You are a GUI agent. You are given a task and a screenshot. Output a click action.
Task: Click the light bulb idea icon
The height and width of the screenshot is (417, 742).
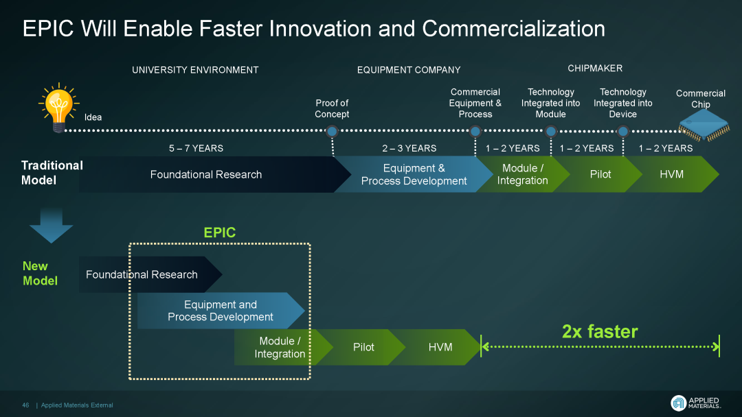pos(58,108)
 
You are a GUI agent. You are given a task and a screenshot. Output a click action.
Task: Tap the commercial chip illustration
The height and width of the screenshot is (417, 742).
pos(704,126)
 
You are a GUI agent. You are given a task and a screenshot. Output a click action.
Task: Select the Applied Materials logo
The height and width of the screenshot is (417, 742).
pos(695,403)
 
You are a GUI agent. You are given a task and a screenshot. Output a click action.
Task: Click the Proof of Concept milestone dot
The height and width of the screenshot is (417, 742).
pos(333,131)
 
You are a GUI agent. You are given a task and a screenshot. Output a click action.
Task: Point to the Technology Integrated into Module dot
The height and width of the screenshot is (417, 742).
pos(551,131)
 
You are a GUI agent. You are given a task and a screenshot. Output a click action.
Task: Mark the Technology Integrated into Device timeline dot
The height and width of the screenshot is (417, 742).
pos(623,131)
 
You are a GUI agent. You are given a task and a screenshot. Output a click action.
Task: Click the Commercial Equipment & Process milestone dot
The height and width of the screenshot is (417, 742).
pos(475,131)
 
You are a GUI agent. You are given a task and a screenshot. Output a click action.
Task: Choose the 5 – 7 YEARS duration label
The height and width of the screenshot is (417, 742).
pos(196,148)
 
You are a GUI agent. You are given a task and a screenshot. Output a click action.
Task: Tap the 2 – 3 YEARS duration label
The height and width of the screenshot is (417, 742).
pos(409,148)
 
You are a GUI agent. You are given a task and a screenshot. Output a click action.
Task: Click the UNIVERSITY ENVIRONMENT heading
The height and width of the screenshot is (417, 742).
pos(195,70)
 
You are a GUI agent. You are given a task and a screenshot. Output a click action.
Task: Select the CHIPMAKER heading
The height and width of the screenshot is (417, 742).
pos(595,69)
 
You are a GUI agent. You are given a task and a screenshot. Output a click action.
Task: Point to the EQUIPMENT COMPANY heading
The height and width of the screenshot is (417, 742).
pos(409,70)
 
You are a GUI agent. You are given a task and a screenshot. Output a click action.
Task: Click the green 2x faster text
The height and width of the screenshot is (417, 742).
pos(600,331)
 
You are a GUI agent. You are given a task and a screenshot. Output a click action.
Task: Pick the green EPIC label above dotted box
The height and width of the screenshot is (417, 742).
pos(220,233)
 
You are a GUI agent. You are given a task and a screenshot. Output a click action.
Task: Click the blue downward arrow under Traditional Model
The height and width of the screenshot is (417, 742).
pos(51,225)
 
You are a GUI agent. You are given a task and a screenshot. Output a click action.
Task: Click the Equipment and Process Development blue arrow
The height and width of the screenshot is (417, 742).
pos(221,311)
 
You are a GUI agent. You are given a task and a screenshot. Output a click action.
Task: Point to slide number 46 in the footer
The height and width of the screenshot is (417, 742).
pos(25,405)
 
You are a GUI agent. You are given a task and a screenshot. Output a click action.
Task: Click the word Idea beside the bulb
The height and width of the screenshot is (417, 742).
pos(93,117)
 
